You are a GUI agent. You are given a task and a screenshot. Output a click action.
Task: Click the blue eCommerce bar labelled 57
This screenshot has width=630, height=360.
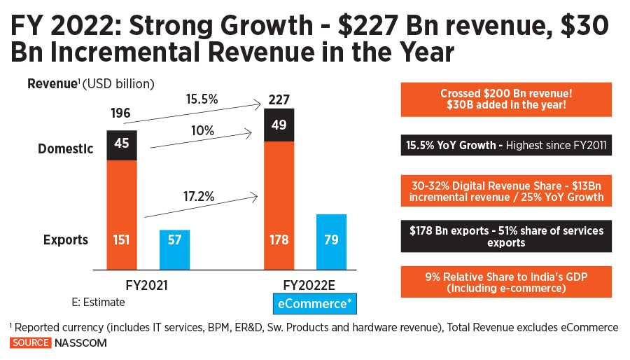174,249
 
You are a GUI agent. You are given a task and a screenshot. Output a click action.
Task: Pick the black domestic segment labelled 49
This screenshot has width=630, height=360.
279,125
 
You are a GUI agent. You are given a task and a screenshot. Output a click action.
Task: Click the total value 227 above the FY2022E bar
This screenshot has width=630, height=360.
279,99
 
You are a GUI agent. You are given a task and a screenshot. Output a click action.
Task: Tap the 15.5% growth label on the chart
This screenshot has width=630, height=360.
203,99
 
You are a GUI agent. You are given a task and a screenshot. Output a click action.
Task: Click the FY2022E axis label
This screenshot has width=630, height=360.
305,286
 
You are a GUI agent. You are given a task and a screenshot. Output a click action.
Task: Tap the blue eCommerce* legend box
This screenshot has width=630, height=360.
314,304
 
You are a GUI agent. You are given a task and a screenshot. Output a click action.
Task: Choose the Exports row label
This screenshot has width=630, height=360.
66,240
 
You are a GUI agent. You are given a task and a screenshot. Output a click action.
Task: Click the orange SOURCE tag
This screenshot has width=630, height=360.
30,342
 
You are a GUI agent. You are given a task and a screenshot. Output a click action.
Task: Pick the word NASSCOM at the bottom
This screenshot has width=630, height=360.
80,342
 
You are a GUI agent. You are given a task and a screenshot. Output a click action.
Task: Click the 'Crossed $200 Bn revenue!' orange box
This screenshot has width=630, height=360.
506,99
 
